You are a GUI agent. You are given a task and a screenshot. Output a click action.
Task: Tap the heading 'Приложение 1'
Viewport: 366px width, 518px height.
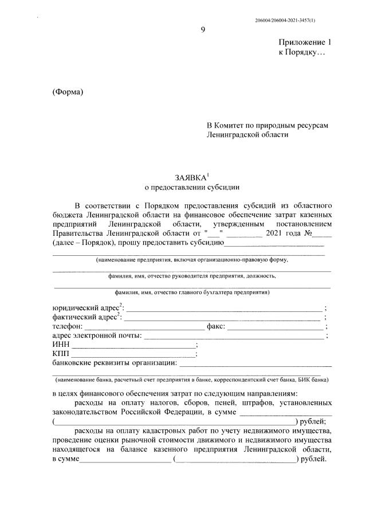[305, 42]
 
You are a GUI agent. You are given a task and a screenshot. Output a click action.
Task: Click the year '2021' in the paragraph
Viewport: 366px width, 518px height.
[276, 233]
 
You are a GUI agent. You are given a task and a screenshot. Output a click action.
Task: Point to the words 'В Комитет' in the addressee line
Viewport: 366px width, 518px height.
[226, 125]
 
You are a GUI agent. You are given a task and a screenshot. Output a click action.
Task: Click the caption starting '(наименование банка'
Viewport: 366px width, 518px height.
[191, 379]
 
